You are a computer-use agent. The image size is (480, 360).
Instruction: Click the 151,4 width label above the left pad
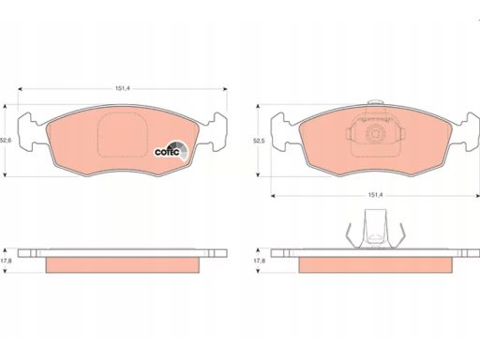[x=123, y=88]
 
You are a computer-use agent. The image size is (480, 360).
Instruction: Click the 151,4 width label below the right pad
[x=375, y=195]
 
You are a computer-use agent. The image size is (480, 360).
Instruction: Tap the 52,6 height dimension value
[x=6, y=141]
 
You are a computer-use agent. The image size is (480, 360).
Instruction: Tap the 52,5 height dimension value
[x=259, y=141]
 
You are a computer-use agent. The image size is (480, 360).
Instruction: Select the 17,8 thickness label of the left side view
[x=6, y=261]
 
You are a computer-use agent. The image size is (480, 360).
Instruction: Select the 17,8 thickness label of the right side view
[x=259, y=261]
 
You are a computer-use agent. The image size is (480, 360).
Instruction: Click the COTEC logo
[x=172, y=150]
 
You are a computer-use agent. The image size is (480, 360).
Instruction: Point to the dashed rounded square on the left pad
[x=122, y=135]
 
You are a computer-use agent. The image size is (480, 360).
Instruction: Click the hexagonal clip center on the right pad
[x=375, y=134]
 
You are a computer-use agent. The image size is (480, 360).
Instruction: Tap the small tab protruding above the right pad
[x=375, y=103]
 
